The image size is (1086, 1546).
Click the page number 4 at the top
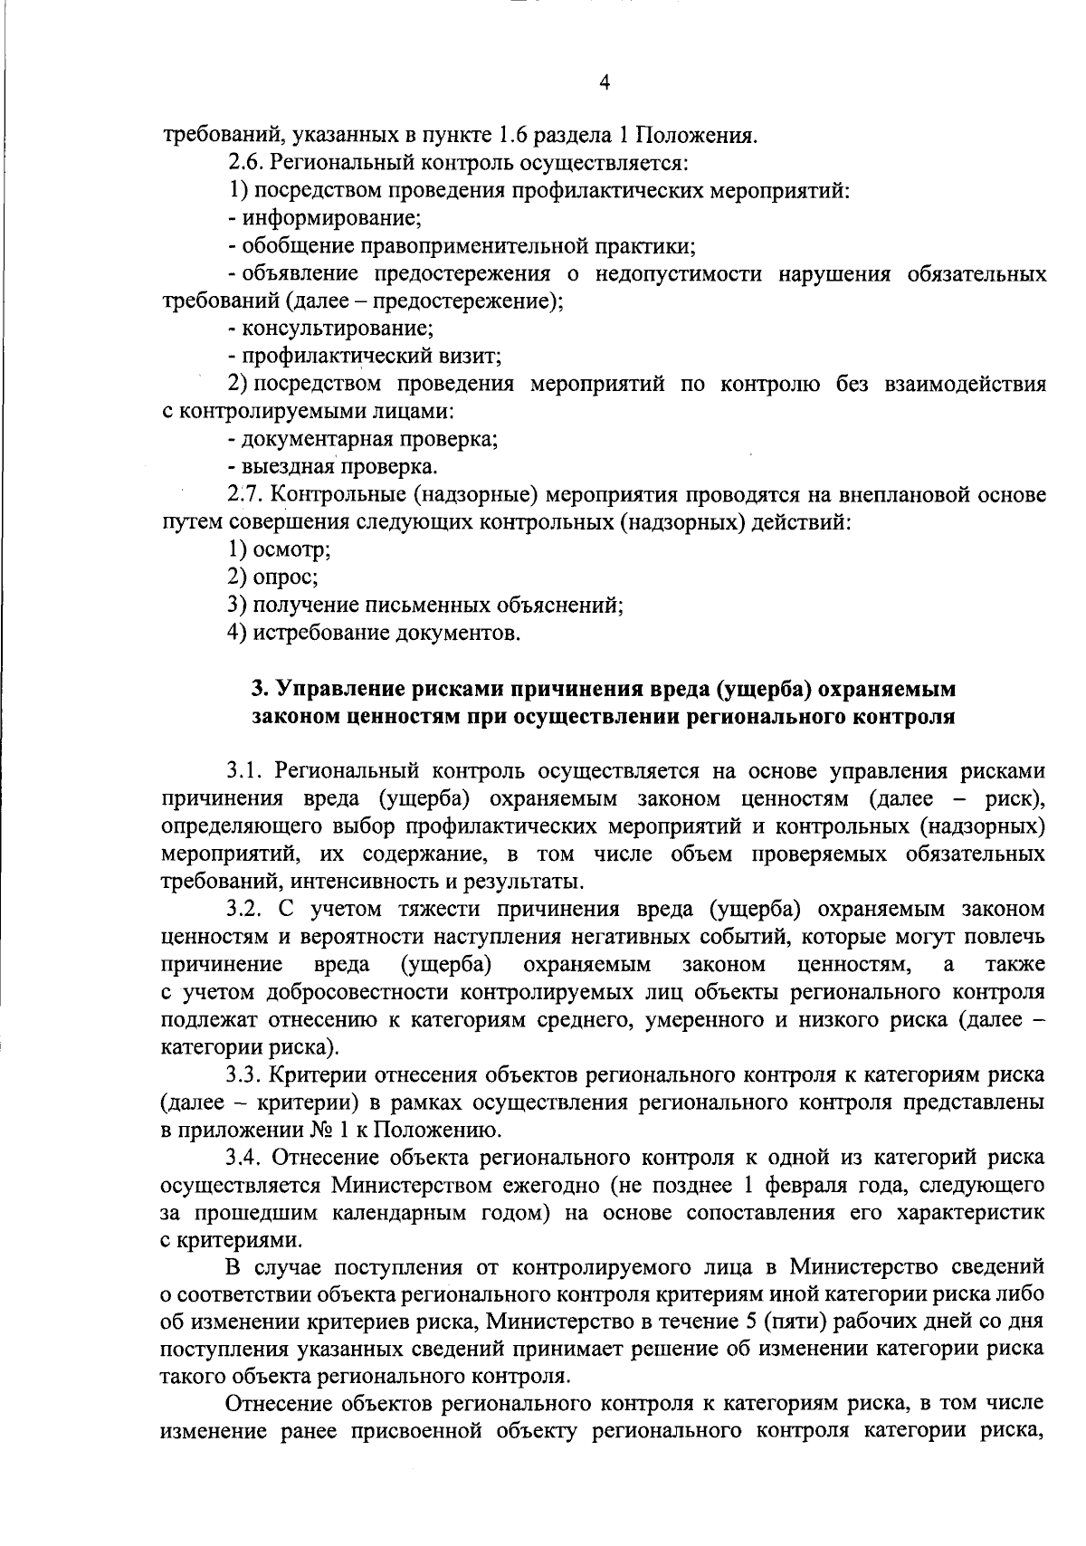605,83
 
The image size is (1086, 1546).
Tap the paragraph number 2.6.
244,164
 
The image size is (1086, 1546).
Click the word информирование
330,219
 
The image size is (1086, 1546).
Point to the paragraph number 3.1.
244,771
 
